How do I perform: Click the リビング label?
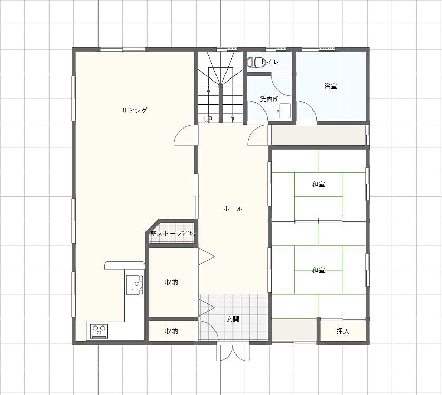(x=135, y=111)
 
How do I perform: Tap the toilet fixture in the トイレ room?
(x=256, y=62)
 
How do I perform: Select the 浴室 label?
(x=331, y=86)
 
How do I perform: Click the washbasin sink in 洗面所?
(x=284, y=111)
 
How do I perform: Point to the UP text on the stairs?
(x=208, y=120)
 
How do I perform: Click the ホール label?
(x=233, y=209)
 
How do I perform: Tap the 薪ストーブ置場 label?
(x=173, y=233)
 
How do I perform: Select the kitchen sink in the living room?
(x=134, y=285)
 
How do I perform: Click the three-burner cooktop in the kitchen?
(x=99, y=331)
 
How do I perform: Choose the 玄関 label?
(x=233, y=319)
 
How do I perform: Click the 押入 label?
(x=343, y=331)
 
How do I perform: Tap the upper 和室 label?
(x=319, y=184)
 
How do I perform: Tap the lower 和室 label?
(x=319, y=270)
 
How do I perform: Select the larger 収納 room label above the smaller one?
(x=171, y=282)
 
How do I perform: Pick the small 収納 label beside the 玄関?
(x=171, y=331)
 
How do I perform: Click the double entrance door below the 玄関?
(x=233, y=353)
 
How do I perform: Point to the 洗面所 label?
(x=270, y=99)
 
